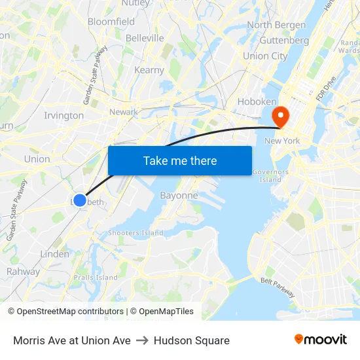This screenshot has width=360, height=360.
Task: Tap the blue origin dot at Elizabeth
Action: [x=79, y=200]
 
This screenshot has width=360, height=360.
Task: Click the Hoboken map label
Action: [x=257, y=101]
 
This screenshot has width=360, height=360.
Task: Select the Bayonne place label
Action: [x=179, y=196]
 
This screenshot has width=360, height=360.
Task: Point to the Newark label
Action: [x=124, y=112]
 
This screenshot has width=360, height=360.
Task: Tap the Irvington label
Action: [x=63, y=116]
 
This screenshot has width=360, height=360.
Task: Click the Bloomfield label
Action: [x=111, y=22]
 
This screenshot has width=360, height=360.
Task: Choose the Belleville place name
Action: [x=145, y=38]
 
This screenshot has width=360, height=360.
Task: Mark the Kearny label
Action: [x=149, y=70]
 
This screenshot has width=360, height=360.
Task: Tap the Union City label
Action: [x=265, y=56]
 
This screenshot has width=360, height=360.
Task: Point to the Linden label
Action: [x=54, y=254]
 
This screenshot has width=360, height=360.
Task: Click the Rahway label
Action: [x=23, y=272]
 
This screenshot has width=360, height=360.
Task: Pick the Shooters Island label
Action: [x=135, y=232]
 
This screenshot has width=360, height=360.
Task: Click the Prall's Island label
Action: [x=95, y=278]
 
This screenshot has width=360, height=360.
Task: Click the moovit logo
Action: [x=321, y=339]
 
